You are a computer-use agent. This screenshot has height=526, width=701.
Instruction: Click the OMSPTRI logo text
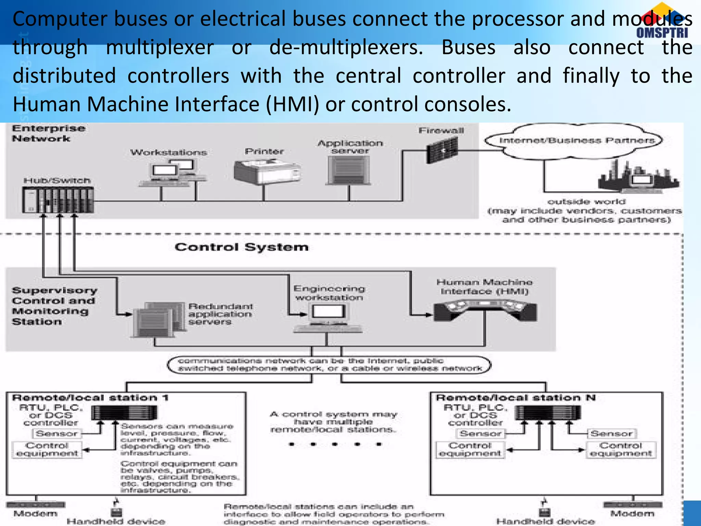662,33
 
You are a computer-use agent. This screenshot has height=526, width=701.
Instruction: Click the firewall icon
442,150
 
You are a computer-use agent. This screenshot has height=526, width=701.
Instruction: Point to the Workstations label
168,152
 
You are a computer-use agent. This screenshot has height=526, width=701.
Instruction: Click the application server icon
349,170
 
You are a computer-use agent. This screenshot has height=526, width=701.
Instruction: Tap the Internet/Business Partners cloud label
577,140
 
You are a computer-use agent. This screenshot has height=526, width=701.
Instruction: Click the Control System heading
242,247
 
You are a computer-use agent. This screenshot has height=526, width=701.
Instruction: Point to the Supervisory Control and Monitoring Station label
54,306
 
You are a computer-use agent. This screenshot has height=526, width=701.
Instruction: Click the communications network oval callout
329,365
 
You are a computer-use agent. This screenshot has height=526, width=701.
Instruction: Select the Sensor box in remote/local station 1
57,434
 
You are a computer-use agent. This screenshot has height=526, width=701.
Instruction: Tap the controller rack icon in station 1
124,413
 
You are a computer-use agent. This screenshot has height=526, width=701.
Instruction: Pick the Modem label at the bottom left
35,513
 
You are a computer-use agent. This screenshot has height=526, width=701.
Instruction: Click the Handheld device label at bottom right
546,521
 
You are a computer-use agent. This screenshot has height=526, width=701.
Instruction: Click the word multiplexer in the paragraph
160,47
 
